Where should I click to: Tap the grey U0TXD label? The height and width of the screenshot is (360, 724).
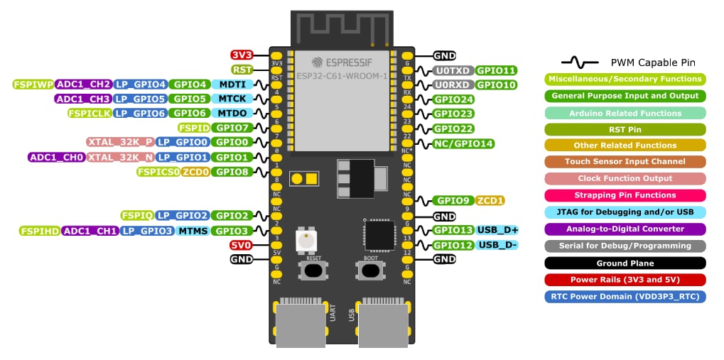[453, 70]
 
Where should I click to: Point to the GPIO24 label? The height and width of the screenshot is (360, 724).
[454, 99]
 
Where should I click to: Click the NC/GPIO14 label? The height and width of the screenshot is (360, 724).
[463, 143]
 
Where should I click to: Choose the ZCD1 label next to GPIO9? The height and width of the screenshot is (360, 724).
[490, 200]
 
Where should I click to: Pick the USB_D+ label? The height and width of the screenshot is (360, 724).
[497, 230]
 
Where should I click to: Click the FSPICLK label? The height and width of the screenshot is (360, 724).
[88, 114]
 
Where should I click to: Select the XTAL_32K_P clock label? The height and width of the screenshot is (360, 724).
[119, 142]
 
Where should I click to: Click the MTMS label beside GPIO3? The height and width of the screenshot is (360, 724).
[193, 231]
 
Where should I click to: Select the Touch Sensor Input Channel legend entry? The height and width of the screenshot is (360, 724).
[625, 161]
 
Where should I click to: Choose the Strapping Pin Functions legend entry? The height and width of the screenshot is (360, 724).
[625, 195]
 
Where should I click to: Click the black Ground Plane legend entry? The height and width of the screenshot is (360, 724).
[625, 263]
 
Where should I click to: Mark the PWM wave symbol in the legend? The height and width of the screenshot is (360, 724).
[579, 63]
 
